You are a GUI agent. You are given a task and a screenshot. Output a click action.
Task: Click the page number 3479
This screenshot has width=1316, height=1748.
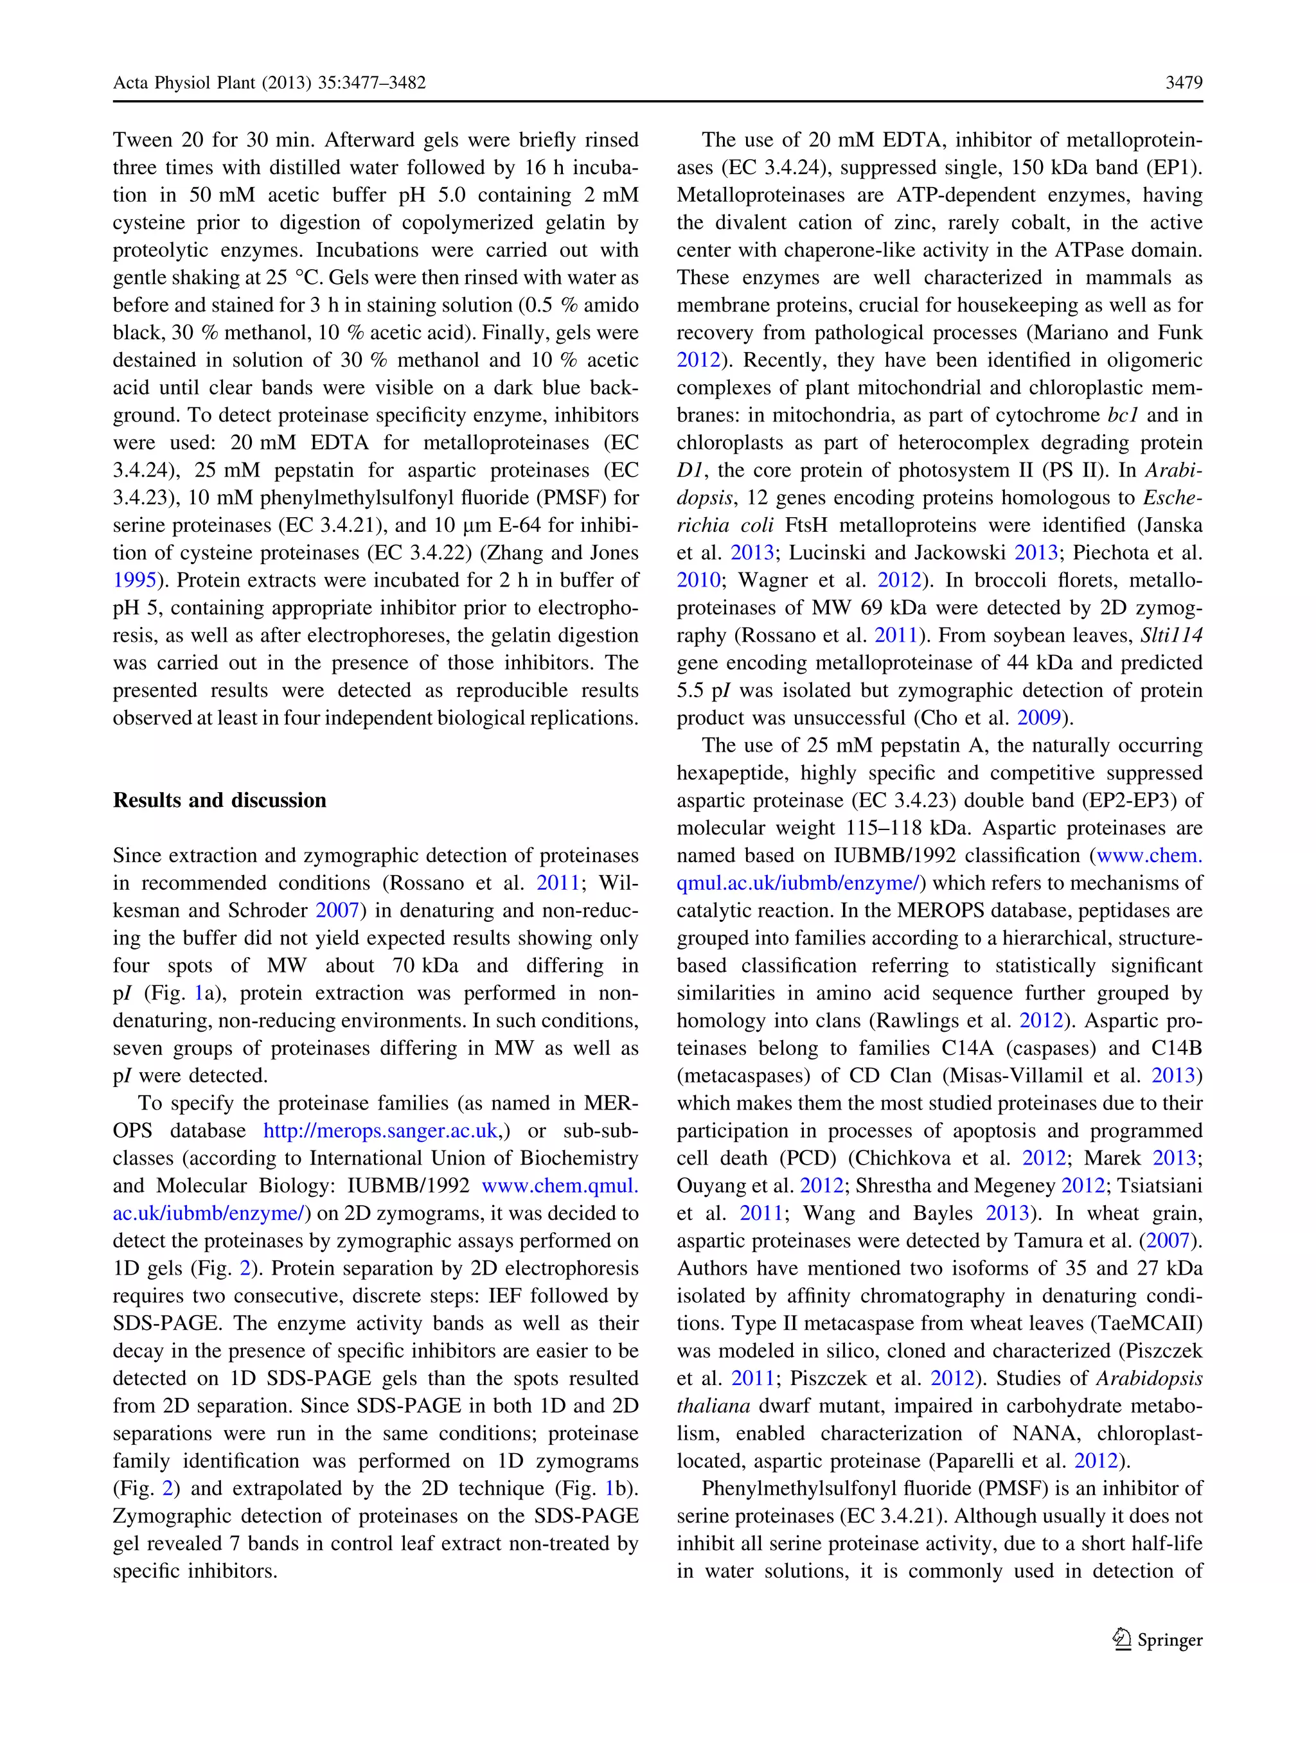[x=1183, y=83]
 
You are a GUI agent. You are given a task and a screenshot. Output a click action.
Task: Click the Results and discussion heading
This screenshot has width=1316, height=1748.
[x=219, y=800]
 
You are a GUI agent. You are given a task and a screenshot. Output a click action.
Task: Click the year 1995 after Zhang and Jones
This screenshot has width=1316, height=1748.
[x=134, y=580]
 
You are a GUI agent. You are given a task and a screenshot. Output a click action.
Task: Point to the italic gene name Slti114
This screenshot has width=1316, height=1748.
[x=1171, y=635]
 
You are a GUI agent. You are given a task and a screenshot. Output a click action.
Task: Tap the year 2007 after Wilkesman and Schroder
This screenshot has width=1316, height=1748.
[x=337, y=910]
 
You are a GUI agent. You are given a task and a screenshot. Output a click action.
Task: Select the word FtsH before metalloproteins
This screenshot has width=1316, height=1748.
[x=807, y=525]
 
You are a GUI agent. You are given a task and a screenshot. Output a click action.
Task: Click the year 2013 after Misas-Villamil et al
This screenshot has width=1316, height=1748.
[x=1173, y=1075]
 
